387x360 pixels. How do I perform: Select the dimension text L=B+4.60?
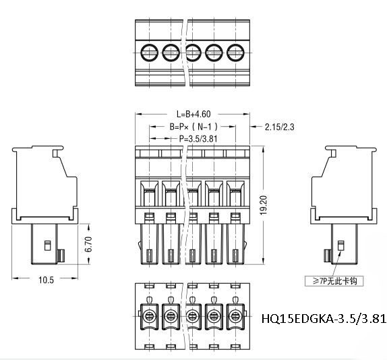[x=194, y=114]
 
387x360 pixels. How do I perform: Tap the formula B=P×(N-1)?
[x=193, y=127]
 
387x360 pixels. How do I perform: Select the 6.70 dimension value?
[x=87, y=244]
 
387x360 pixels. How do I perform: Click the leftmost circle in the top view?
[x=149, y=51]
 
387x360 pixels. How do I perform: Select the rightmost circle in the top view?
[x=235, y=51]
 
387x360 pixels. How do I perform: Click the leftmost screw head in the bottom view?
[x=149, y=314]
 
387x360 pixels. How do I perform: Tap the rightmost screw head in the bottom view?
[x=235, y=314]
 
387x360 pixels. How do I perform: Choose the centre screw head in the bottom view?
[x=192, y=314]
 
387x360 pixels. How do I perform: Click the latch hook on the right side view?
[x=327, y=256]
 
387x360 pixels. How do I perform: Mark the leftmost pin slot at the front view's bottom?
[x=149, y=256]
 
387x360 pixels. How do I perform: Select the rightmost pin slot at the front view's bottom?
[x=235, y=256]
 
